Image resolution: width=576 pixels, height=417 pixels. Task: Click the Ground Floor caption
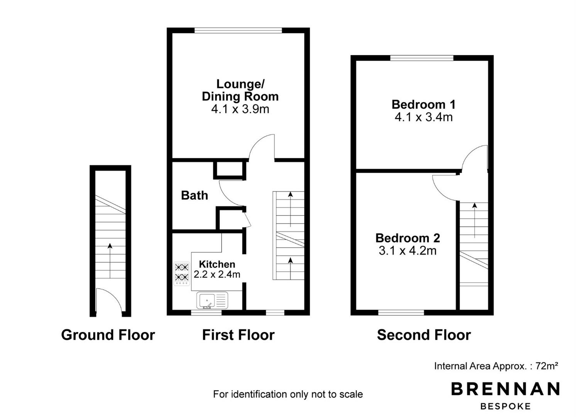click(108, 335)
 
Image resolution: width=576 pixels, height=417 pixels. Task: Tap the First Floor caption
click(238, 335)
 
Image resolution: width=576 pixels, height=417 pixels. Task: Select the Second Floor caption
click(424, 335)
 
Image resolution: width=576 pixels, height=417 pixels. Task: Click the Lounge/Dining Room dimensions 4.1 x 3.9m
click(240, 109)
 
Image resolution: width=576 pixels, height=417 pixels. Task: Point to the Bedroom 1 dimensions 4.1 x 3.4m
click(424, 117)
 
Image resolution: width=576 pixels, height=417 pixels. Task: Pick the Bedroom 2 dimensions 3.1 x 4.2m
click(408, 251)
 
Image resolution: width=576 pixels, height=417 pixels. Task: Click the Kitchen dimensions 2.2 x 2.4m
click(217, 275)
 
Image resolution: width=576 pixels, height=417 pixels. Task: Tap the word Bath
click(195, 195)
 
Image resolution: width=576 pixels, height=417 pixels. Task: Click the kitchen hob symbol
click(182, 274)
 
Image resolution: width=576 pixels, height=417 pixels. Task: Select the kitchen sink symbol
click(212, 300)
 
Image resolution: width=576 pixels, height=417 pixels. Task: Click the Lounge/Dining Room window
click(238, 31)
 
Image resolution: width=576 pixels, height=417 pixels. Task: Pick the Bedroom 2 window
click(401, 313)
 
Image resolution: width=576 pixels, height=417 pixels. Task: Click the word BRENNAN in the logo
click(505, 389)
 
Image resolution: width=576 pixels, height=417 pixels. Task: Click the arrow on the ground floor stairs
click(110, 261)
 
